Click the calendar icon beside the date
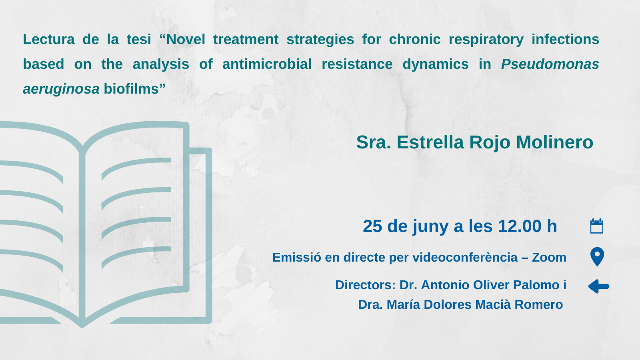[597, 226]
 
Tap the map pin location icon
[597, 257]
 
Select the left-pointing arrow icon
[599, 286]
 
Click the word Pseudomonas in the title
[550, 64]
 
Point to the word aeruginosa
[61, 89]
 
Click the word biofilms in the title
[131, 88]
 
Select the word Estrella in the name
[430, 142]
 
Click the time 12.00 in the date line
[520, 226]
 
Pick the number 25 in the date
[372, 226]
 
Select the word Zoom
[549, 258]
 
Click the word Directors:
[366, 285]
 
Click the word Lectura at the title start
[48, 39]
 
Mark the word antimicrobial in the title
[267, 64]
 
